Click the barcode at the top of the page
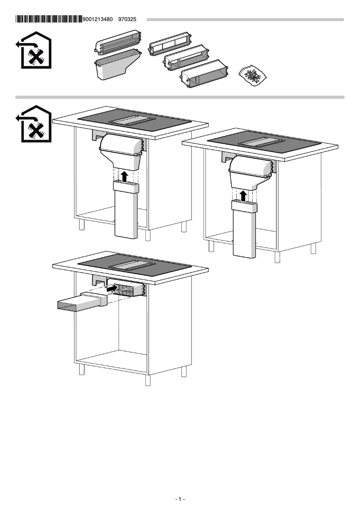[49, 19]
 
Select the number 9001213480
[98, 19]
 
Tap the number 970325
[127, 19]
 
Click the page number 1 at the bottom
[180, 499]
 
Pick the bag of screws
[253, 75]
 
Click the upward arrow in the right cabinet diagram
[243, 195]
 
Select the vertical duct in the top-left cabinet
[126, 211]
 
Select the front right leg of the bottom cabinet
[184, 372]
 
